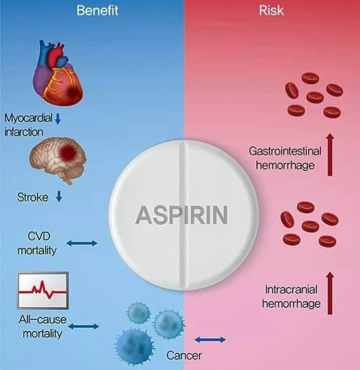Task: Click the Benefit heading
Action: tap(97, 11)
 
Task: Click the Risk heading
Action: tap(271, 11)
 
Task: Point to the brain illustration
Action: tap(58, 160)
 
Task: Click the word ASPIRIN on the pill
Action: tap(181, 215)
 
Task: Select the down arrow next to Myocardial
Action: tap(58, 118)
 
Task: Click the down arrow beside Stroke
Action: tap(59, 196)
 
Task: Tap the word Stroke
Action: tap(33, 198)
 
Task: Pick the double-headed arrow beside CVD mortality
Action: tap(82, 243)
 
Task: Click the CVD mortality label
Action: tap(37, 243)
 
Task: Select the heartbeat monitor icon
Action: tap(43, 290)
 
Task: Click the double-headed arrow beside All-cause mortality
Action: tap(84, 326)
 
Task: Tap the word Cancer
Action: tap(184, 355)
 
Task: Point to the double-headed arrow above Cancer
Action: tap(210, 340)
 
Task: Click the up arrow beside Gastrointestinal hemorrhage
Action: tap(330, 155)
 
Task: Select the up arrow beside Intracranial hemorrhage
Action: tap(330, 293)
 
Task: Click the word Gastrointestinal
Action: tap(285, 151)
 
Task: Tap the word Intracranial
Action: tap(291, 289)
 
